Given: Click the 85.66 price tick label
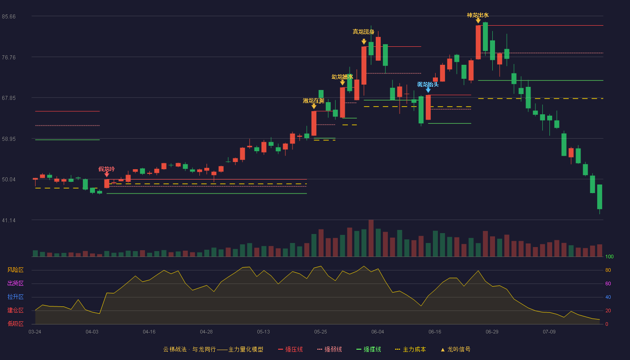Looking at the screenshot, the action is [x=9, y=17].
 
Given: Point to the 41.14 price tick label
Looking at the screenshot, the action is [x=9, y=220].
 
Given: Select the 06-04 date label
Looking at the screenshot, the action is [x=378, y=332].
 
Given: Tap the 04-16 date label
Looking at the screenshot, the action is [x=149, y=332].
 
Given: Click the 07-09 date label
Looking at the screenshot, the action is [x=549, y=332].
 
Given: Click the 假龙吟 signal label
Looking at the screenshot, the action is [x=107, y=169].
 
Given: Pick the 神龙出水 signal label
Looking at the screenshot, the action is [x=478, y=15].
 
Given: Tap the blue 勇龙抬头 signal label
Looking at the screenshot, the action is [x=428, y=85].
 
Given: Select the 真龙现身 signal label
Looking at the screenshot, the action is [x=364, y=32].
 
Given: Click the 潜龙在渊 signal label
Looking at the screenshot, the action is [x=314, y=101].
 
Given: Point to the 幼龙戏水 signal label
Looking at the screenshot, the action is [x=342, y=77].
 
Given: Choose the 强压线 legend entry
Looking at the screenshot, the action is [x=290, y=349].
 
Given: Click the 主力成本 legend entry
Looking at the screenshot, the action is [x=410, y=349].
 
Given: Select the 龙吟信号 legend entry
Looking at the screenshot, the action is [x=455, y=349].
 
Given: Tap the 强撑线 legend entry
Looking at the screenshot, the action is [x=369, y=349].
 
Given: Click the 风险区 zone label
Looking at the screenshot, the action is [x=15, y=270].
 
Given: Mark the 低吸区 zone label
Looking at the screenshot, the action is [x=15, y=324].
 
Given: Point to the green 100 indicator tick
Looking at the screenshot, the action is [x=609, y=256].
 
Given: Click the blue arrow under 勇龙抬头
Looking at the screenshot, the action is [x=428, y=90].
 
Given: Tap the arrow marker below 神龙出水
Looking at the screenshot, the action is [x=478, y=21].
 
